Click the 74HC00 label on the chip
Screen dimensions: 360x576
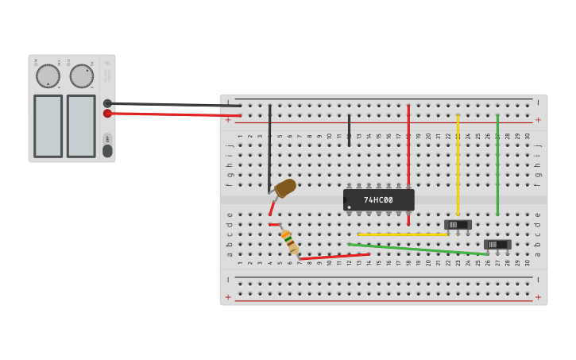pos(378,200)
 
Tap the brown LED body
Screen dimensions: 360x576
pos(285,188)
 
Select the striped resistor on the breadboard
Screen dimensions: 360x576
pos(289,241)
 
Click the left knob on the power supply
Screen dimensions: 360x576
pos(48,76)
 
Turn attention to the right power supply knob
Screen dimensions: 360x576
pos(81,76)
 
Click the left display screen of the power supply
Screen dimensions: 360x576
pos(48,126)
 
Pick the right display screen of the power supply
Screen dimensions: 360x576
pos(81,126)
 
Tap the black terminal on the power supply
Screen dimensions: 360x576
pos(107,103)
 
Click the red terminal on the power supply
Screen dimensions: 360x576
pos(107,114)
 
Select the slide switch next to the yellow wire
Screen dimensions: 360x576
pos(458,225)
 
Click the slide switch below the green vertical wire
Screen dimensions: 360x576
pos(498,245)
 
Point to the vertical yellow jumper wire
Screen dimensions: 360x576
pos(458,163)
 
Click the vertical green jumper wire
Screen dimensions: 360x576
pos(497,163)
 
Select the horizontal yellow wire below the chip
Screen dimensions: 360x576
pos(401,234)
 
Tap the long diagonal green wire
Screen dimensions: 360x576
pos(417,250)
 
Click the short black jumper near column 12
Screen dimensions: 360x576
pos(349,130)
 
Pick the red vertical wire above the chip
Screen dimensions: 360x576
pos(408,143)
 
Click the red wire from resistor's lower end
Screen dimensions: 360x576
pos(334,257)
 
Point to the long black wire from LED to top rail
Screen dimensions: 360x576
pos(269,147)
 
